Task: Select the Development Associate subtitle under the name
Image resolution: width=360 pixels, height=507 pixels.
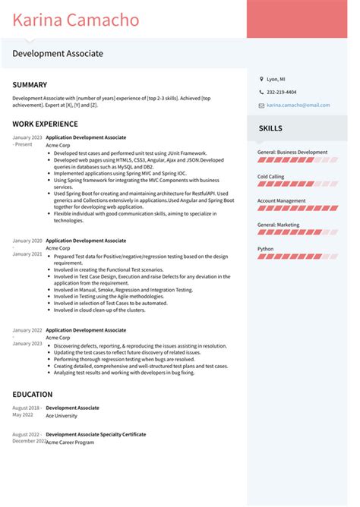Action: pos(58,54)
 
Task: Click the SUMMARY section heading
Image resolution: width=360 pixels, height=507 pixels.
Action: pos(30,85)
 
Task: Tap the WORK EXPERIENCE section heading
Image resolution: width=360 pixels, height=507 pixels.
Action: pos(45,124)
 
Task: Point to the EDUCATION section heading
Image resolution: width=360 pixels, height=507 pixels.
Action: pos(33,395)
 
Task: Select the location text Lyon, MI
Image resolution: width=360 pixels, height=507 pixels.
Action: pos(276,79)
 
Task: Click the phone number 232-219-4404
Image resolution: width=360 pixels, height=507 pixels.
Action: pos(282,92)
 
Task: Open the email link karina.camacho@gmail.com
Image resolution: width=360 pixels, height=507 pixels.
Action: pos(298,105)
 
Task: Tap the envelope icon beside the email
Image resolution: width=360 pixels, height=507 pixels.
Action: pos(261,105)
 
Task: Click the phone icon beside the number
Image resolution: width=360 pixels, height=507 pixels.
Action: pos(261,92)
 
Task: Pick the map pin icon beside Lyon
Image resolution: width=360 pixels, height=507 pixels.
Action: pos(261,79)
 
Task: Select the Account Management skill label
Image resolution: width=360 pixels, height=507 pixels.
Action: pos(282,200)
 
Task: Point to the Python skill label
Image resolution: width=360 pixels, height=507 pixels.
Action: pos(266,248)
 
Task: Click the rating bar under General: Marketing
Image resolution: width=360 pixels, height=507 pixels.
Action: pos(298,233)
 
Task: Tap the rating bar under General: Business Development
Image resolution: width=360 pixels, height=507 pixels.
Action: pos(298,160)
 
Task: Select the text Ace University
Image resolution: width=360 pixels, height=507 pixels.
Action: pos(61,416)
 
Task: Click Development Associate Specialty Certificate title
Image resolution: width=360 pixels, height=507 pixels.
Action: pos(96,435)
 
